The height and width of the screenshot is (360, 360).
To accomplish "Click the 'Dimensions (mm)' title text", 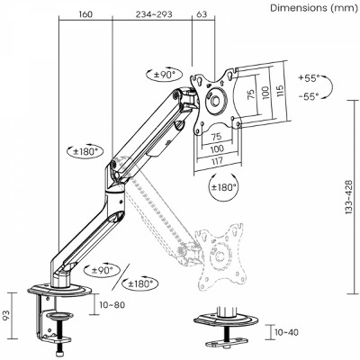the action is click(x=314, y=8).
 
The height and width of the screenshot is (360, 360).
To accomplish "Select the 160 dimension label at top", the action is click(x=85, y=14).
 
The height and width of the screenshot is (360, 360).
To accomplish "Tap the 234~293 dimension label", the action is click(x=154, y=14).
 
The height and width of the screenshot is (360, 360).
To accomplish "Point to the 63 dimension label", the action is click(x=202, y=14).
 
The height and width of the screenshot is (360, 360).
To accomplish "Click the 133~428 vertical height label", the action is click(x=348, y=196).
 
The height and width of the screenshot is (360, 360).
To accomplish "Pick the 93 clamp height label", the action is click(x=7, y=315).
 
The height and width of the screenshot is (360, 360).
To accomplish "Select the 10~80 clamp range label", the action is click(x=112, y=305).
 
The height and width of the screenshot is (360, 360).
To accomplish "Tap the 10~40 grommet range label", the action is click(x=286, y=332).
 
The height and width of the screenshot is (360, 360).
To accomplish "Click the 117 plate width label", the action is click(x=217, y=160).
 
